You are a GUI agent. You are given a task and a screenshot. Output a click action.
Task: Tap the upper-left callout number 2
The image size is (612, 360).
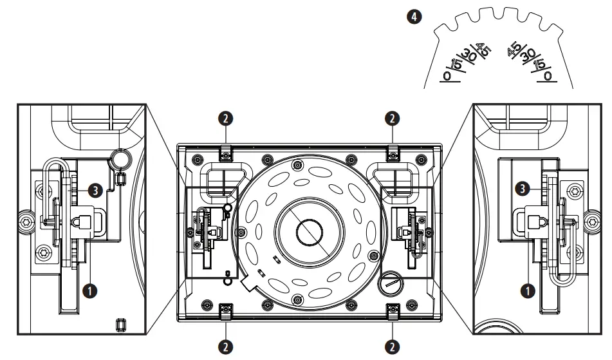(x=225, y=118)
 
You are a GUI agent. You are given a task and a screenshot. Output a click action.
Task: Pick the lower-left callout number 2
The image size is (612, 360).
(x=225, y=345)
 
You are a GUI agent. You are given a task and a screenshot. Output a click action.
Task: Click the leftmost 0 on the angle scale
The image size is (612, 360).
(x=446, y=75)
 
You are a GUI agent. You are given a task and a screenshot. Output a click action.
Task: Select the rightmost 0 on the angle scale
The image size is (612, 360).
(x=548, y=75)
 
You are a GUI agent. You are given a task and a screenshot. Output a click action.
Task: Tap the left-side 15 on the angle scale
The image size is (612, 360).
(x=456, y=64)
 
